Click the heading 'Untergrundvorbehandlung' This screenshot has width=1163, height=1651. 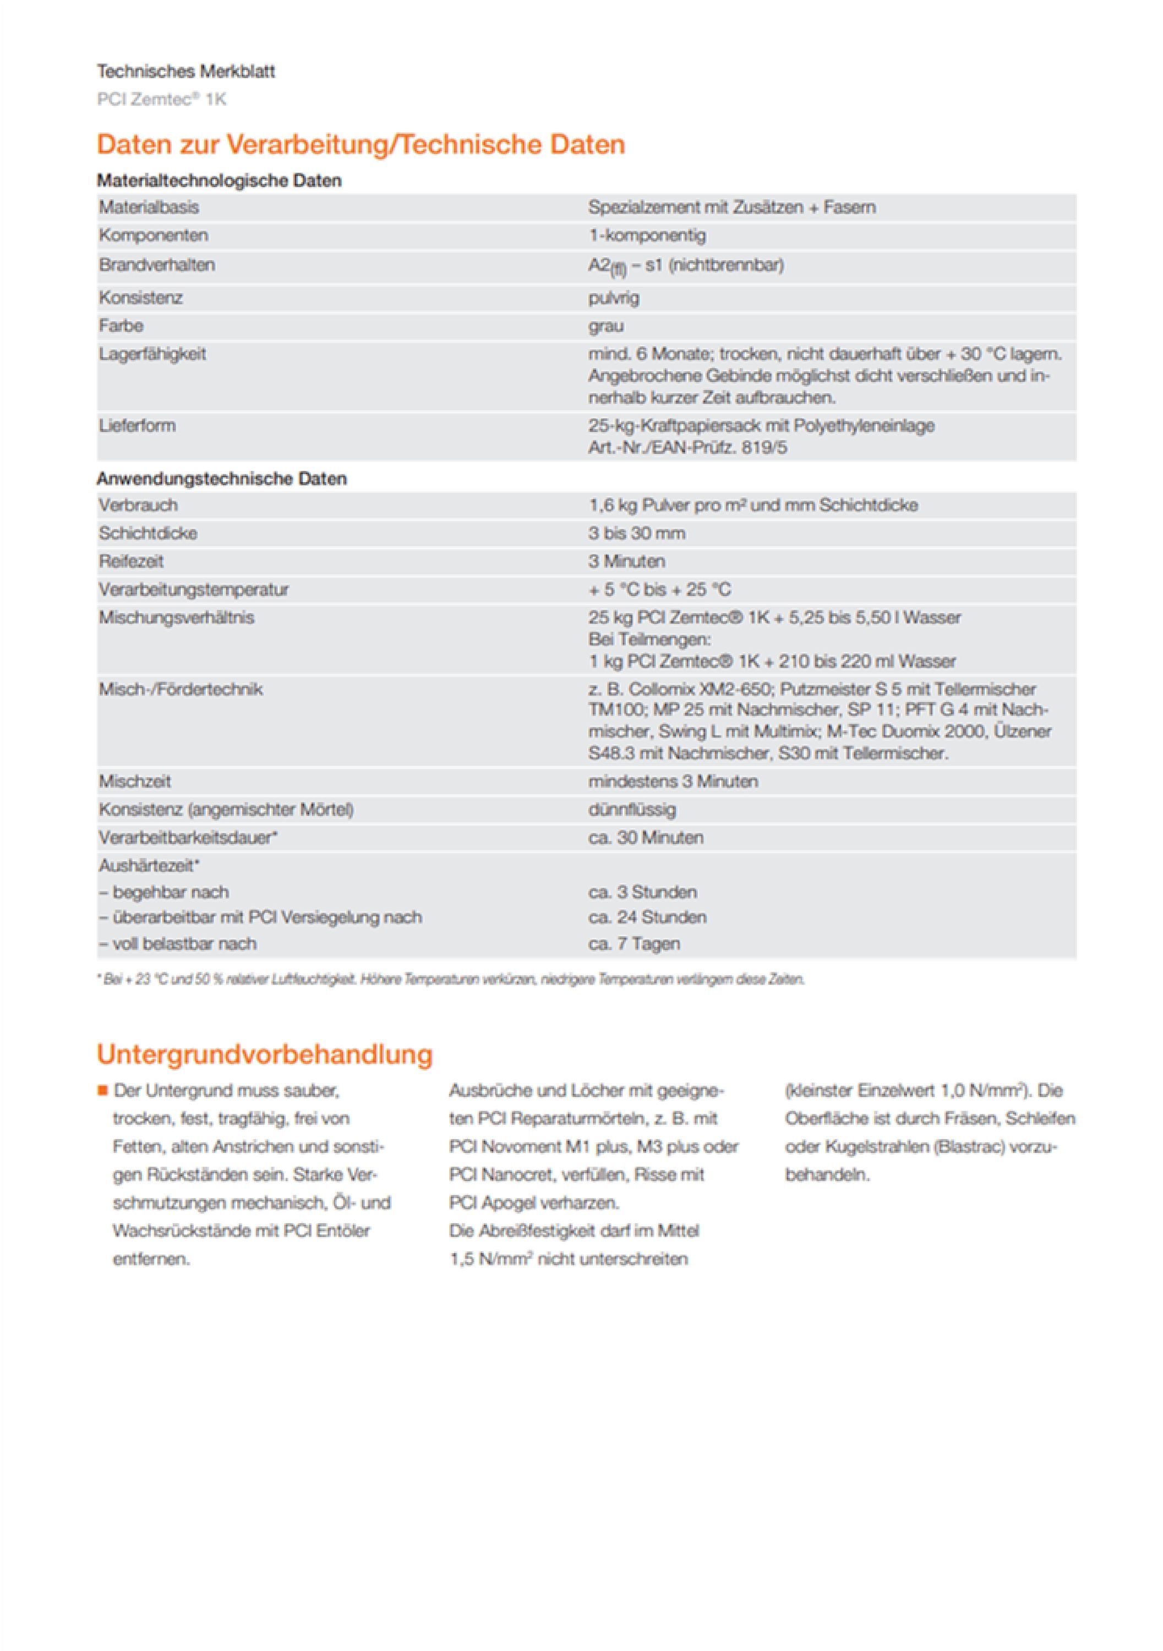[x=265, y=1054]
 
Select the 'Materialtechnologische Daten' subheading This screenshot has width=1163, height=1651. [x=219, y=181]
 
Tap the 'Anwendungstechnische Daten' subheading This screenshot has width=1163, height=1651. [x=221, y=479]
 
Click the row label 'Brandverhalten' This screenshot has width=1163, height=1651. [x=157, y=265]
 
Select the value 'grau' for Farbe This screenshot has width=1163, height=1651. [x=605, y=326]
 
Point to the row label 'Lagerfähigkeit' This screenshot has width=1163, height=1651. [x=152, y=354]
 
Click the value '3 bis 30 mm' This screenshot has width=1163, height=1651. [x=636, y=534]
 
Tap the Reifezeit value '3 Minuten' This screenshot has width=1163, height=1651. [x=626, y=561]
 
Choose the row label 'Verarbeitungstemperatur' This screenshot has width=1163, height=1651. [x=194, y=589]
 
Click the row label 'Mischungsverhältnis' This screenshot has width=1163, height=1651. [x=176, y=617]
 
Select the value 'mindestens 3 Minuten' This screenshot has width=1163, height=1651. [x=673, y=781]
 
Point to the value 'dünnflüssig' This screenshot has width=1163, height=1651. [x=631, y=810]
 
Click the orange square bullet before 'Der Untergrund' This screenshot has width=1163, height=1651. [x=102, y=1091]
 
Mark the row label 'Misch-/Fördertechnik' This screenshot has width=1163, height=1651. [x=181, y=690]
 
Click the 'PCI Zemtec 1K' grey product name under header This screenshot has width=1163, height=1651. [x=161, y=99]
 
